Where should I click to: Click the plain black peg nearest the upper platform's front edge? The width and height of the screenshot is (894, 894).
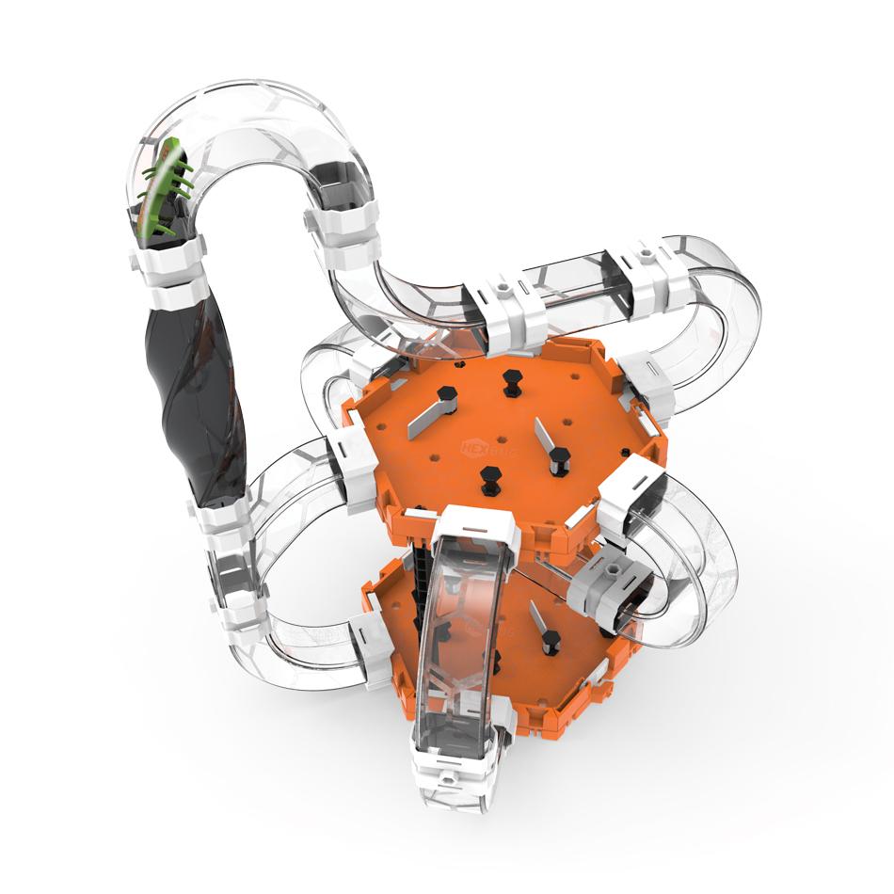(489, 479)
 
